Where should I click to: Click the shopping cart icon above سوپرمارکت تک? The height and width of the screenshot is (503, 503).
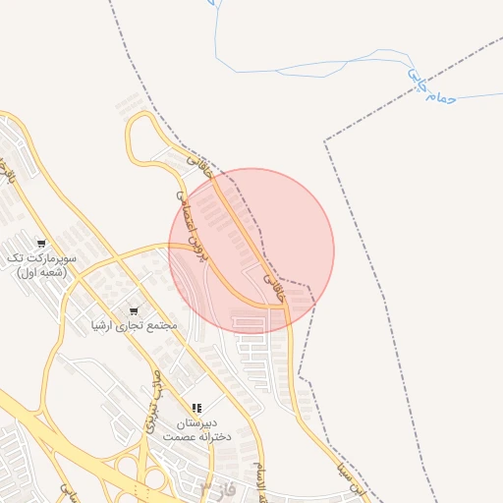41,243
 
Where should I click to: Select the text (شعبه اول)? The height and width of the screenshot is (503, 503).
41,271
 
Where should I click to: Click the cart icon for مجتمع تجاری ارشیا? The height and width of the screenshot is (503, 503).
134,311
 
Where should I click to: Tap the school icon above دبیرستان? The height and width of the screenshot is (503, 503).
196,408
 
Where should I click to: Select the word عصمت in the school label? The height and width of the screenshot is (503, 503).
180,435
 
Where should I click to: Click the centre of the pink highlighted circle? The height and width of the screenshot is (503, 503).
251,251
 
